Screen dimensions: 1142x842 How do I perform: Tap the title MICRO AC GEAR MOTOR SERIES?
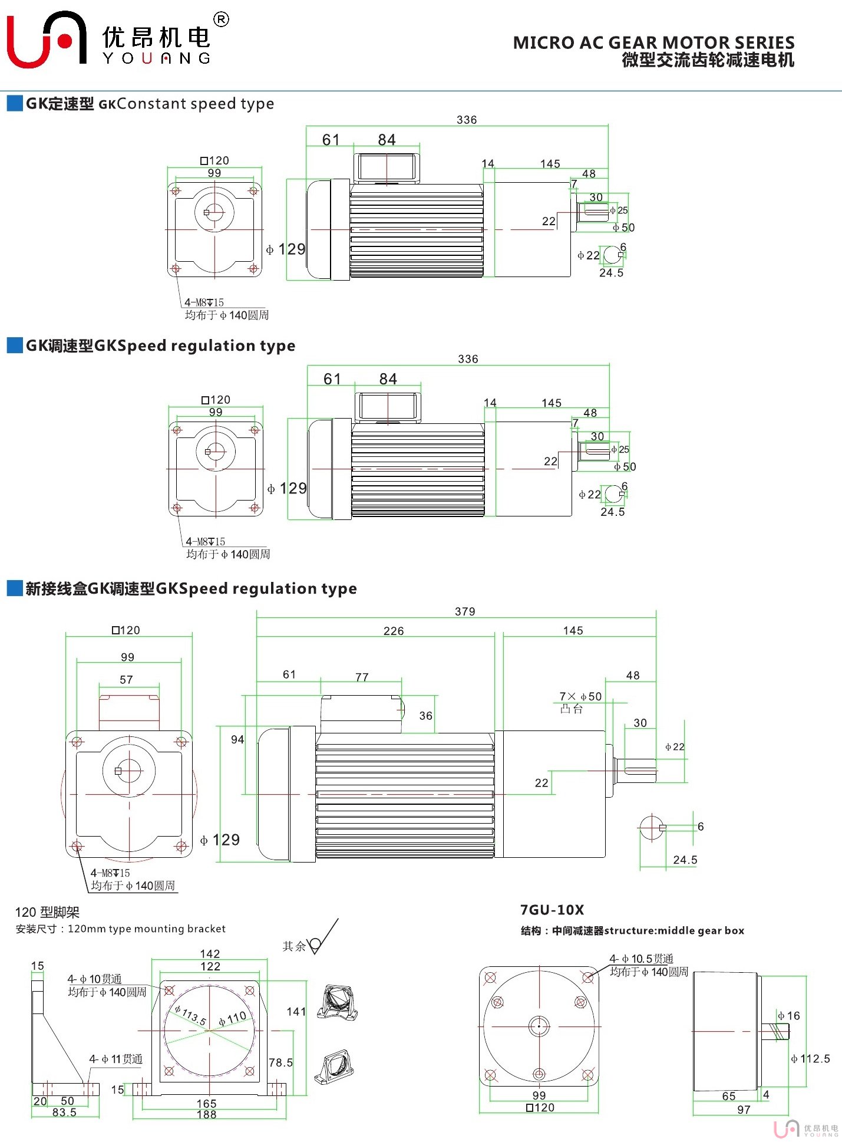(653, 42)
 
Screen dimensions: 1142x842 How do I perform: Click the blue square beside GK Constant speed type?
(15, 103)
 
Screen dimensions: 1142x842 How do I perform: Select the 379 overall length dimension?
(465, 611)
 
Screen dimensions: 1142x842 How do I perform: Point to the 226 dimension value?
(394, 631)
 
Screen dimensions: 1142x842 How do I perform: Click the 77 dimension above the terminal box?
(362, 677)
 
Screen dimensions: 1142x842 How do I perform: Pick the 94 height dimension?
(237, 739)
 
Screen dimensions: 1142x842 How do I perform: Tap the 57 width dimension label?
(126, 680)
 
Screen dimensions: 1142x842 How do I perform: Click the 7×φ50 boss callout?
(580, 696)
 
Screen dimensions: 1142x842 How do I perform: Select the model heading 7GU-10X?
(552, 910)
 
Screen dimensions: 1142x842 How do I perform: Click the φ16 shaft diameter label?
(789, 1015)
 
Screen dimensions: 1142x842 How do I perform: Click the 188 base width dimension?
(206, 1114)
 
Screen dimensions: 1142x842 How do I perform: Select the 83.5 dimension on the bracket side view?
(64, 1113)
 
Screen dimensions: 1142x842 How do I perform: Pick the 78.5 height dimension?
(280, 1062)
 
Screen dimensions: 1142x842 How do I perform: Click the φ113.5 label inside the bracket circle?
(190, 1016)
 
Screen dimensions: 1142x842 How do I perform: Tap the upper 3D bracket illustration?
(337, 1002)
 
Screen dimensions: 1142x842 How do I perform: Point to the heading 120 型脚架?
(47, 913)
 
